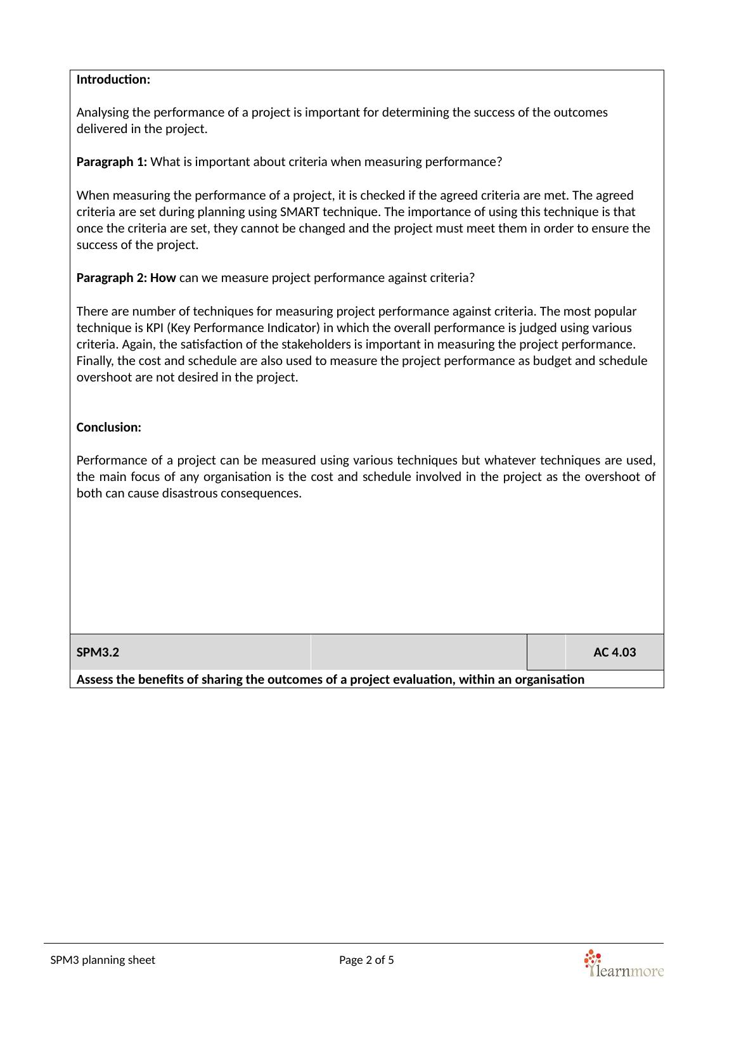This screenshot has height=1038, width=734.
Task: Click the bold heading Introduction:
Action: pyautogui.click(x=113, y=80)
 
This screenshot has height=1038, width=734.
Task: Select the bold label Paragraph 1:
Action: pyautogui.click(x=112, y=162)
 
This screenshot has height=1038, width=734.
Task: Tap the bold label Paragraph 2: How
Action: pyautogui.click(x=126, y=278)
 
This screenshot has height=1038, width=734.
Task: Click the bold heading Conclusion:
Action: pyautogui.click(x=108, y=427)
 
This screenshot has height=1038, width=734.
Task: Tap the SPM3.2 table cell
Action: pyautogui.click(x=98, y=652)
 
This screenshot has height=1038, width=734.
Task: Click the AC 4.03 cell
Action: pyautogui.click(x=614, y=652)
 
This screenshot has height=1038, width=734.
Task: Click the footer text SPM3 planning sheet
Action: pyautogui.click(x=103, y=960)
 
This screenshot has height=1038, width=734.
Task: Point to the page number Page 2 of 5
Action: pyautogui.click(x=366, y=960)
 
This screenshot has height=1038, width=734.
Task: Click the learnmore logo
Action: pyautogui.click(x=623, y=964)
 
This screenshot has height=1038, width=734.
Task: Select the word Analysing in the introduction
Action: pyautogui.click(x=100, y=113)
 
